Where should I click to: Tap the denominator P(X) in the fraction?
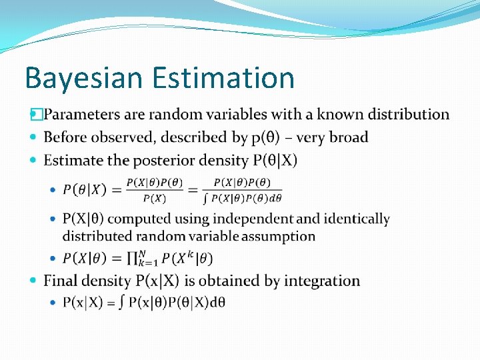tap(155, 198)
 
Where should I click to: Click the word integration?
tap(322, 281)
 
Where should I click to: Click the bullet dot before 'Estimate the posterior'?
tap(35, 161)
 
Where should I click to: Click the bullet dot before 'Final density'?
tap(35, 281)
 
